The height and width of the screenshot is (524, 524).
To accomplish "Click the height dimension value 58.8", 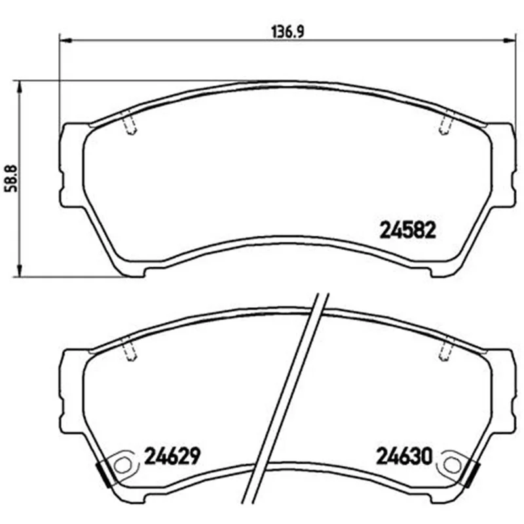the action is [12, 179].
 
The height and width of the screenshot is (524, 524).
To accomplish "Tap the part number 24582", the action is [408, 231].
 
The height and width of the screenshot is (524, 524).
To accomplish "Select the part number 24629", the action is [172, 455].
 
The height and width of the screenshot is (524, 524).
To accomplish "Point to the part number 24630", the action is [404, 456].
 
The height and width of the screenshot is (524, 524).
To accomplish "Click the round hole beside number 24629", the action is [122, 465].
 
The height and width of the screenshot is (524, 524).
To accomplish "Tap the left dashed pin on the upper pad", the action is [130, 122].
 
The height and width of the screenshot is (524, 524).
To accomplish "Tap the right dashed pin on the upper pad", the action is [446, 122].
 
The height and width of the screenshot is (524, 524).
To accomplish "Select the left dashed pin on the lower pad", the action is [130, 348].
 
